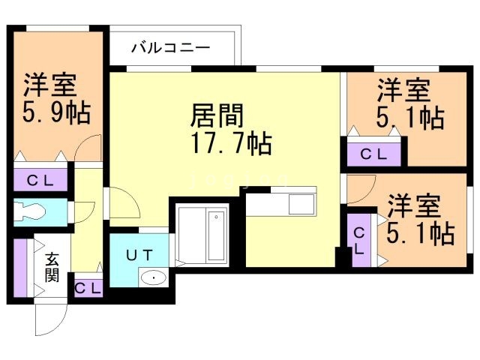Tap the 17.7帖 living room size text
coord(230,142)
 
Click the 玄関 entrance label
coord(52,267)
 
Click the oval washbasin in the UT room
coord(153,278)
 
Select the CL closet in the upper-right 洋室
coord(373,154)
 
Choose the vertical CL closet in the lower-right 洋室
coord(359,239)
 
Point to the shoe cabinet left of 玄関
coord(20,268)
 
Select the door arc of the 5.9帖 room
coord(89,148)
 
